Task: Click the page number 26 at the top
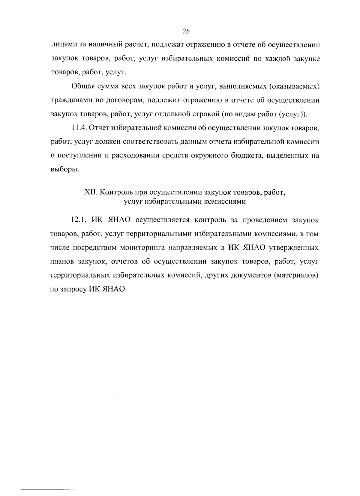click(186, 31)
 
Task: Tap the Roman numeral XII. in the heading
click(90, 192)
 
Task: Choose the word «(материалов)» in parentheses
click(295, 275)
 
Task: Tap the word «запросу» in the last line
click(73, 289)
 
